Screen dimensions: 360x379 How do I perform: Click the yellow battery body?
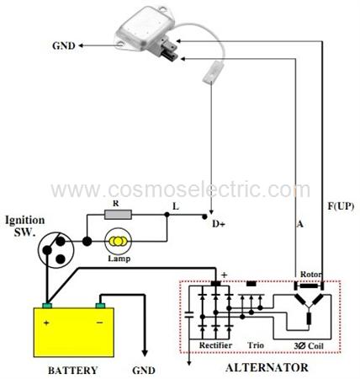point(74,333)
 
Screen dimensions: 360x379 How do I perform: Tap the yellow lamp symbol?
point(118,241)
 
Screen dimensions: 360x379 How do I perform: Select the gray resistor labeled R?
point(118,215)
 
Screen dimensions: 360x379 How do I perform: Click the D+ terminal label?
point(219,224)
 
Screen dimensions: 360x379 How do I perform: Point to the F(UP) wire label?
point(341,206)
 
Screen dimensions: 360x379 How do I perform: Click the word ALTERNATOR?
point(267,368)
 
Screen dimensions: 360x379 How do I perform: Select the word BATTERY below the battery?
point(73,371)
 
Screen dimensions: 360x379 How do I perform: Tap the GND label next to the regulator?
point(64,45)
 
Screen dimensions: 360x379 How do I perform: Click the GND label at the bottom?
point(144,371)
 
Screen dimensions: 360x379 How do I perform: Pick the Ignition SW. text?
point(24,226)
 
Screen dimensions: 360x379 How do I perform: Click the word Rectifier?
point(215,345)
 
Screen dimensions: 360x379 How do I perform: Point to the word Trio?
point(256,345)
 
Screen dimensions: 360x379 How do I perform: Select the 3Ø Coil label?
point(309,346)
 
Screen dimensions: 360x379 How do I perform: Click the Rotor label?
point(310,274)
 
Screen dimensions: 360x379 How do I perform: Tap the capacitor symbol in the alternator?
point(189,314)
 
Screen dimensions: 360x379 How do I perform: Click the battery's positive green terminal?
point(47,306)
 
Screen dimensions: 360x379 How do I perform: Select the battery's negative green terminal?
point(100,306)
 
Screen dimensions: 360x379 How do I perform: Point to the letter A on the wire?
point(300,224)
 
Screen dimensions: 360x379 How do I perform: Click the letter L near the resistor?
point(176,207)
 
